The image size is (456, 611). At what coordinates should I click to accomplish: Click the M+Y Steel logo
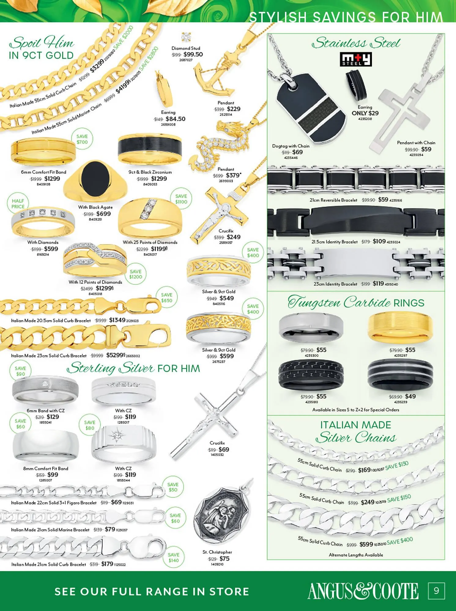(x=356, y=59)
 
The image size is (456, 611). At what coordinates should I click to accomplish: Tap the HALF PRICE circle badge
(x=18, y=204)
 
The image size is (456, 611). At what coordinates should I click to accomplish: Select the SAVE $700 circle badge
(x=82, y=139)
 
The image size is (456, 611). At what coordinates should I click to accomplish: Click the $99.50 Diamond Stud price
(x=193, y=54)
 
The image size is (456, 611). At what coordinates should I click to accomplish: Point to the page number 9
(x=436, y=591)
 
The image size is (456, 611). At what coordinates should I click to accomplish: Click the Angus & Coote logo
(x=363, y=591)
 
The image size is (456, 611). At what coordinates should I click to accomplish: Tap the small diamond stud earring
(x=186, y=37)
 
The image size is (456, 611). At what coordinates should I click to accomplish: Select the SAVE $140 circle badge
(x=173, y=558)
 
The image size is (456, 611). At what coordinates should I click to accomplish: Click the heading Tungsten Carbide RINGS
(x=356, y=303)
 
